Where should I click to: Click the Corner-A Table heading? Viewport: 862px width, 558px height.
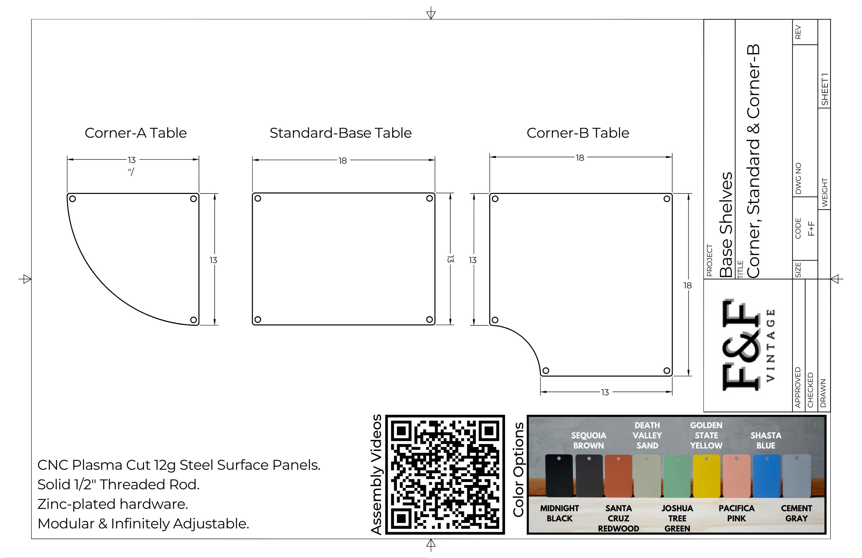pos(136,133)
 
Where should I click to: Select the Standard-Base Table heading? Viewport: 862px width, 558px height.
pos(340,133)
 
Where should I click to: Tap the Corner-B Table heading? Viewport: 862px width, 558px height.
pos(578,133)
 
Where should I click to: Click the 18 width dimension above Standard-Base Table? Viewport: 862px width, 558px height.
pos(343,160)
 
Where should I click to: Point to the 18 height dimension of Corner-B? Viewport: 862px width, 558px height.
pos(687,285)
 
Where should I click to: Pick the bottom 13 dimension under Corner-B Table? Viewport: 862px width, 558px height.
pos(605,392)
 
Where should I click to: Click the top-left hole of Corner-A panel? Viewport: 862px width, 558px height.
pos(72,199)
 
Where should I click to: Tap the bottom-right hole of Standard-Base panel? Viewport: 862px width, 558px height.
pos(429,320)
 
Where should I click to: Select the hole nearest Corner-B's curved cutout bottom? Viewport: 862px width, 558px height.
pos(546,370)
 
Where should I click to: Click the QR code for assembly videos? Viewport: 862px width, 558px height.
pos(445,475)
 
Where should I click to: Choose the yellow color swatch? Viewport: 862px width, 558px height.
pos(707,476)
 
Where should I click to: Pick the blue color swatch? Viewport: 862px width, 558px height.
pos(766,476)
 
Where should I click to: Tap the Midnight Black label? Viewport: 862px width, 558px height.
pos(559,513)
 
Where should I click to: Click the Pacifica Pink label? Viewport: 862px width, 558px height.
pos(737,513)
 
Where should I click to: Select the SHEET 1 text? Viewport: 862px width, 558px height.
pos(825,89)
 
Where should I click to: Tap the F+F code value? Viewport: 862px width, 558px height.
pos(811,229)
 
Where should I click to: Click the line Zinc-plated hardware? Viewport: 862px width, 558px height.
pos(113,504)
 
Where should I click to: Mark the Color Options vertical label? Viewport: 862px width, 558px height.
pos(518,469)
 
